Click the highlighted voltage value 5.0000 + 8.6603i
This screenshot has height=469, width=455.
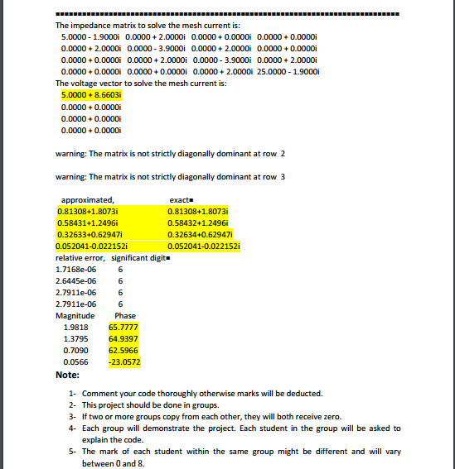click(91, 95)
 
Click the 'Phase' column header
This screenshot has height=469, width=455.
click(125, 315)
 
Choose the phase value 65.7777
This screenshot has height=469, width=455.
click(123, 327)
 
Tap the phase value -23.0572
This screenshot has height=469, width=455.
click(123, 361)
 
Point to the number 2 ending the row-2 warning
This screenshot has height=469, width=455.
click(283, 154)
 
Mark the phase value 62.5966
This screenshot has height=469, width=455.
click(123, 350)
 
